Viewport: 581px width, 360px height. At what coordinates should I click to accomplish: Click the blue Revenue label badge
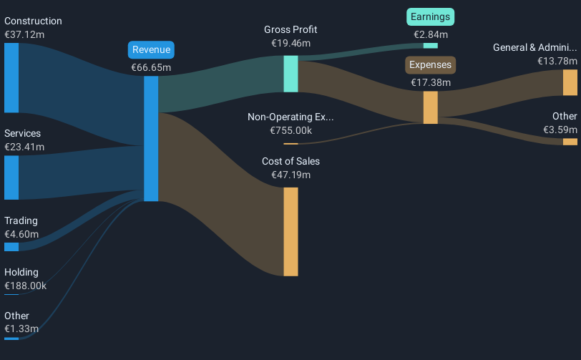(151, 49)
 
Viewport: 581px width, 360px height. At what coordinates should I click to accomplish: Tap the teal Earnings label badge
(431, 16)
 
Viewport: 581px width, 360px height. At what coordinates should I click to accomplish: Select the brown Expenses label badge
(431, 65)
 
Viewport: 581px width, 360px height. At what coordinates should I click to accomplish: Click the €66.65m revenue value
(151, 67)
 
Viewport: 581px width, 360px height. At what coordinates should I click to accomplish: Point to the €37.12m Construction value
(24, 34)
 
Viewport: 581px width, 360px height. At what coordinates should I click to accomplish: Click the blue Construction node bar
(11, 77)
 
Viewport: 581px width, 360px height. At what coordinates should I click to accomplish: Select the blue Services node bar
(11, 177)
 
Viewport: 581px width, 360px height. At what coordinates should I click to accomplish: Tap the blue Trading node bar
(11, 247)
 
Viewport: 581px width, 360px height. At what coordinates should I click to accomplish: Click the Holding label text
(21, 272)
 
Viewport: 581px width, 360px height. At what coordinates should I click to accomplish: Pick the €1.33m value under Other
(21, 329)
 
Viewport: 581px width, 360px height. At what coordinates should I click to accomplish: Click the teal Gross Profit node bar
(290, 74)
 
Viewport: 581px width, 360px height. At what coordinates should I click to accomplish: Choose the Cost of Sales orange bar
(290, 231)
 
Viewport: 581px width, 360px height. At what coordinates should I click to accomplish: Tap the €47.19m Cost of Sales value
(290, 175)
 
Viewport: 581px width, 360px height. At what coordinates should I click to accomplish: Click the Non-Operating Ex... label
(290, 117)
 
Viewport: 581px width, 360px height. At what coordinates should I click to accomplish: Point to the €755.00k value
(290, 130)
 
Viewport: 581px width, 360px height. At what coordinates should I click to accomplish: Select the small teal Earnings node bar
(431, 46)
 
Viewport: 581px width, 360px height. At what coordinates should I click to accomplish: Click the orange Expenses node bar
(431, 107)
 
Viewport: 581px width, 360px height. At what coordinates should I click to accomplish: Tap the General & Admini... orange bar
(570, 83)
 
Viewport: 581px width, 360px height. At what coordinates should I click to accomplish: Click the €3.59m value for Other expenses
(561, 130)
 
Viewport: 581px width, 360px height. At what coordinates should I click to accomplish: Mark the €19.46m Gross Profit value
(290, 43)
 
